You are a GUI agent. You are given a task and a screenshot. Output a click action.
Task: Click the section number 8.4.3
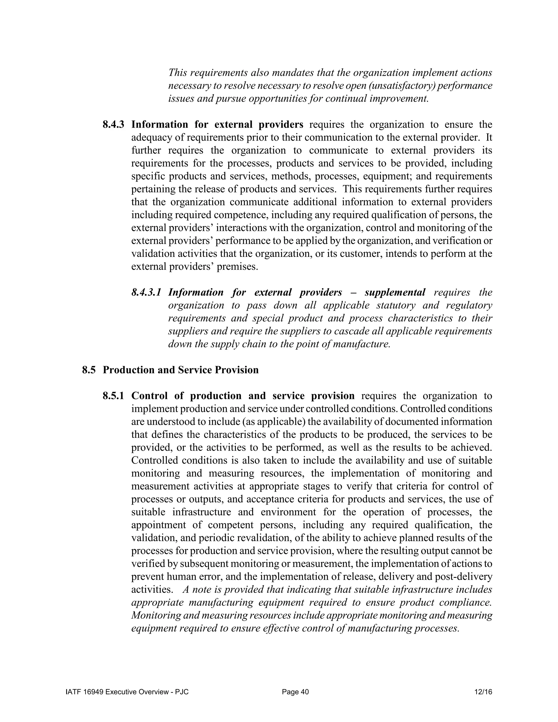(113, 125)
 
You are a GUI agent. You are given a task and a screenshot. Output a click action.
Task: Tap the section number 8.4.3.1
(146, 292)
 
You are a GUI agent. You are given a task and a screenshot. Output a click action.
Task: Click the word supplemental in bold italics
(395, 292)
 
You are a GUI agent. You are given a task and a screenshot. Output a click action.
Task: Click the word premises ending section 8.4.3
(237, 266)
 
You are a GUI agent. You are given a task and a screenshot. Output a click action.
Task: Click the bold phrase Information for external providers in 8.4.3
(217, 125)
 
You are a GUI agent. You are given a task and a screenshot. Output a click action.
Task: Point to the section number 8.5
(89, 370)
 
